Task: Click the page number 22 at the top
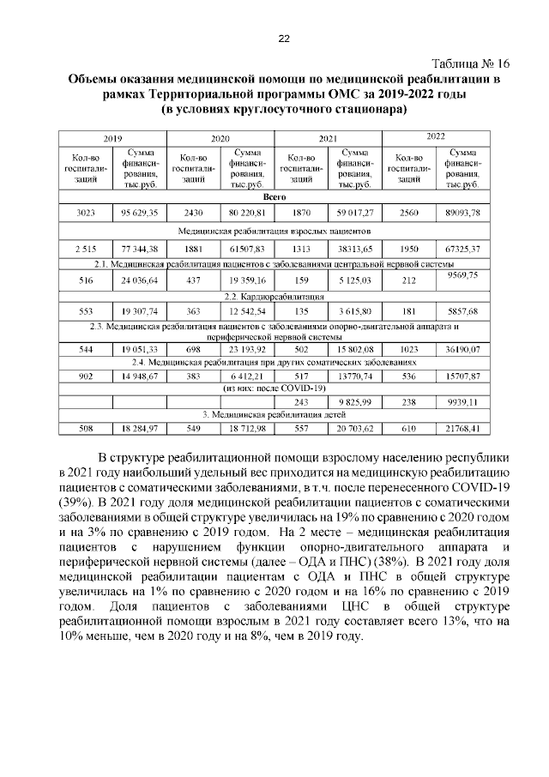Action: click(284, 38)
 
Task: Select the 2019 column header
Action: click(112, 138)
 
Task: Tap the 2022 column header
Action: click(435, 136)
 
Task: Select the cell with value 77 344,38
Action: click(141, 249)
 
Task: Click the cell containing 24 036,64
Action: click(141, 280)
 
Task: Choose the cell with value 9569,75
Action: click(463, 274)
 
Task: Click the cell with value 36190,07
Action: click(463, 349)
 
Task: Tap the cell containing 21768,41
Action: click(463, 429)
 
